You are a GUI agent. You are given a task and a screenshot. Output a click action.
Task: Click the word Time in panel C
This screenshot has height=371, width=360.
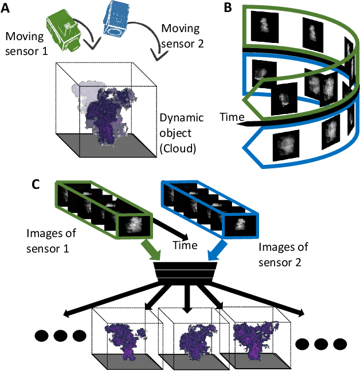point(185,245)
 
